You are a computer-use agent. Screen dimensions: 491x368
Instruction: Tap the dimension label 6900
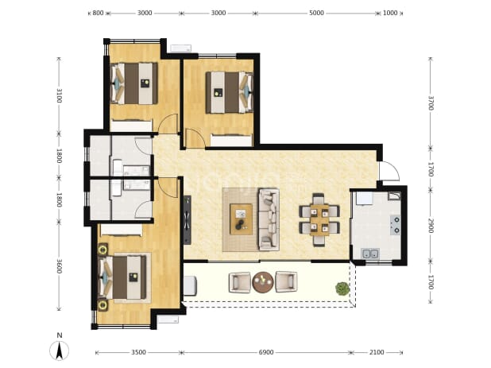[266, 352]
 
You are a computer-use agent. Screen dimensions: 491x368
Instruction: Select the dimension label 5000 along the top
[316, 13]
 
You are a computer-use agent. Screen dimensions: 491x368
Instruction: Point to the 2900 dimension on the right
[431, 226]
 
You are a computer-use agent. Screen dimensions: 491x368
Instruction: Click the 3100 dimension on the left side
[59, 95]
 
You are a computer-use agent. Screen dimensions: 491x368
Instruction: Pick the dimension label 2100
[377, 352]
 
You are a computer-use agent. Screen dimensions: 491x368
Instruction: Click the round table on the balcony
[263, 282]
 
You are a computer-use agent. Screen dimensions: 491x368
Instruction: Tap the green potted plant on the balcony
[342, 289]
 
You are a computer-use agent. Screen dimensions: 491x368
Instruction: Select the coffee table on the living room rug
[241, 219]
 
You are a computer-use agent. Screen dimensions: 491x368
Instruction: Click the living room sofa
[269, 219]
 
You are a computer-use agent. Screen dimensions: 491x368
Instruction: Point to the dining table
[319, 220]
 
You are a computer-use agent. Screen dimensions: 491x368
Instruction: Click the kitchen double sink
[370, 253]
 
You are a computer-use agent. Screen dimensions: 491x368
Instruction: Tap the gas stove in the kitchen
[396, 225]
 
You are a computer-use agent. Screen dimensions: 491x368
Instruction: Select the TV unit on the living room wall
[188, 220]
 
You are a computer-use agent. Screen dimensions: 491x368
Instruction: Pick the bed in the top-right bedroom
[230, 92]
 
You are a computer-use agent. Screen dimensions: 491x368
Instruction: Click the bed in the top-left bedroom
[134, 83]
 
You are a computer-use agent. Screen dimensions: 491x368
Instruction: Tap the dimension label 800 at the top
[98, 13]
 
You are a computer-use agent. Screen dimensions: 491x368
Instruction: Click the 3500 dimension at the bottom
[138, 352]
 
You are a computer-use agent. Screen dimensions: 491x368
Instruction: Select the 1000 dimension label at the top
[390, 13]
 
